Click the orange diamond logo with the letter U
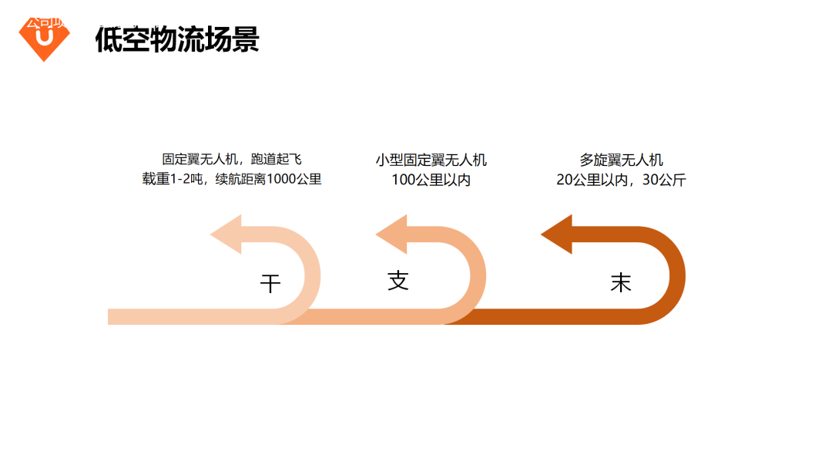(x=44, y=39)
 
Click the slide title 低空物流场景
(x=176, y=39)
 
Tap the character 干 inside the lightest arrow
(x=270, y=284)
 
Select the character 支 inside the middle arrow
(x=398, y=280)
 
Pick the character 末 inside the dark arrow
(x=621, y=282)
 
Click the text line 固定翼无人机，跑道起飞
(x=231, y=160)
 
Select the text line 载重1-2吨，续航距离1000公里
(x=231, y=180)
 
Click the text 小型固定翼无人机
(x=431, y=160)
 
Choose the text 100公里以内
(x=431, y=180)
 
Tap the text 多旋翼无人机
(x=621, y=160)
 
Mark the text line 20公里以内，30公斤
(x=621, y=180)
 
